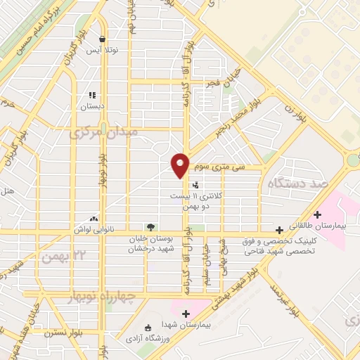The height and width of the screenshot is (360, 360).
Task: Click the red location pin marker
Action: (x=181, y=165)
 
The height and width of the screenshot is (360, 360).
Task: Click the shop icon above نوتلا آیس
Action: (x=103, y=39)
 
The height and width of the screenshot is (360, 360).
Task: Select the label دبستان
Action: (x=91, y=106)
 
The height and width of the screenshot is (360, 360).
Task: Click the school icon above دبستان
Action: (x=91, y=95)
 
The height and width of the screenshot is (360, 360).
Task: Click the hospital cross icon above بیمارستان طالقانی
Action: (x=318, y=214)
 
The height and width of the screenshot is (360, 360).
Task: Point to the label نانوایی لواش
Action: (x=90, y=229)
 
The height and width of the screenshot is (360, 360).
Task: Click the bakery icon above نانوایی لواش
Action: (x=94, y=219)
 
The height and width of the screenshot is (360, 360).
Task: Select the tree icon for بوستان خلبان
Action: (x=150, y=226)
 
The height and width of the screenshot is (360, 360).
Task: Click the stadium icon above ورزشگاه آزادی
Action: (x=147, y=328)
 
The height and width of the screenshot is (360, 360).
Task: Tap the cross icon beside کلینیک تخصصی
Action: (x=280, y=229)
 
